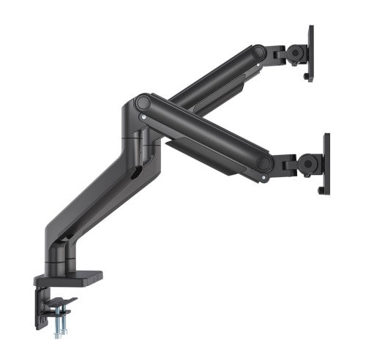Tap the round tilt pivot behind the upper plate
tap(297, 53)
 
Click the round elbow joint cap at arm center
tap(143, 102)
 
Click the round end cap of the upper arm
tap(258, 53)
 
